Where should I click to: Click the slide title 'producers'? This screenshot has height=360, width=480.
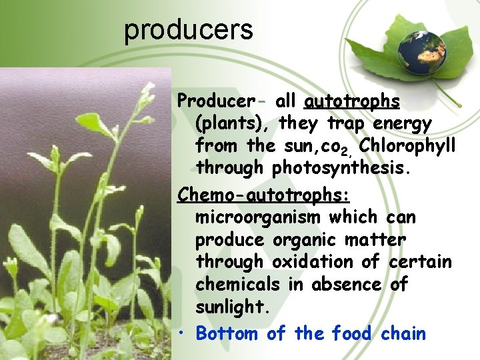point(189,30)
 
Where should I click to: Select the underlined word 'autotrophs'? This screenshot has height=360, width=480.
point(352,101)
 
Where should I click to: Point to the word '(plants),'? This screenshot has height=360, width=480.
point(233,124)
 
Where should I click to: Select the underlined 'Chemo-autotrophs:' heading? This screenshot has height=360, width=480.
point(264,195)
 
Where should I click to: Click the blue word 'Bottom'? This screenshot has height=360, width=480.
point(227,333)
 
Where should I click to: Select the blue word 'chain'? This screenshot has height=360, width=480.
point(403,333)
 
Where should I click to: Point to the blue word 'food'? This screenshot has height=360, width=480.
point(353,333)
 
